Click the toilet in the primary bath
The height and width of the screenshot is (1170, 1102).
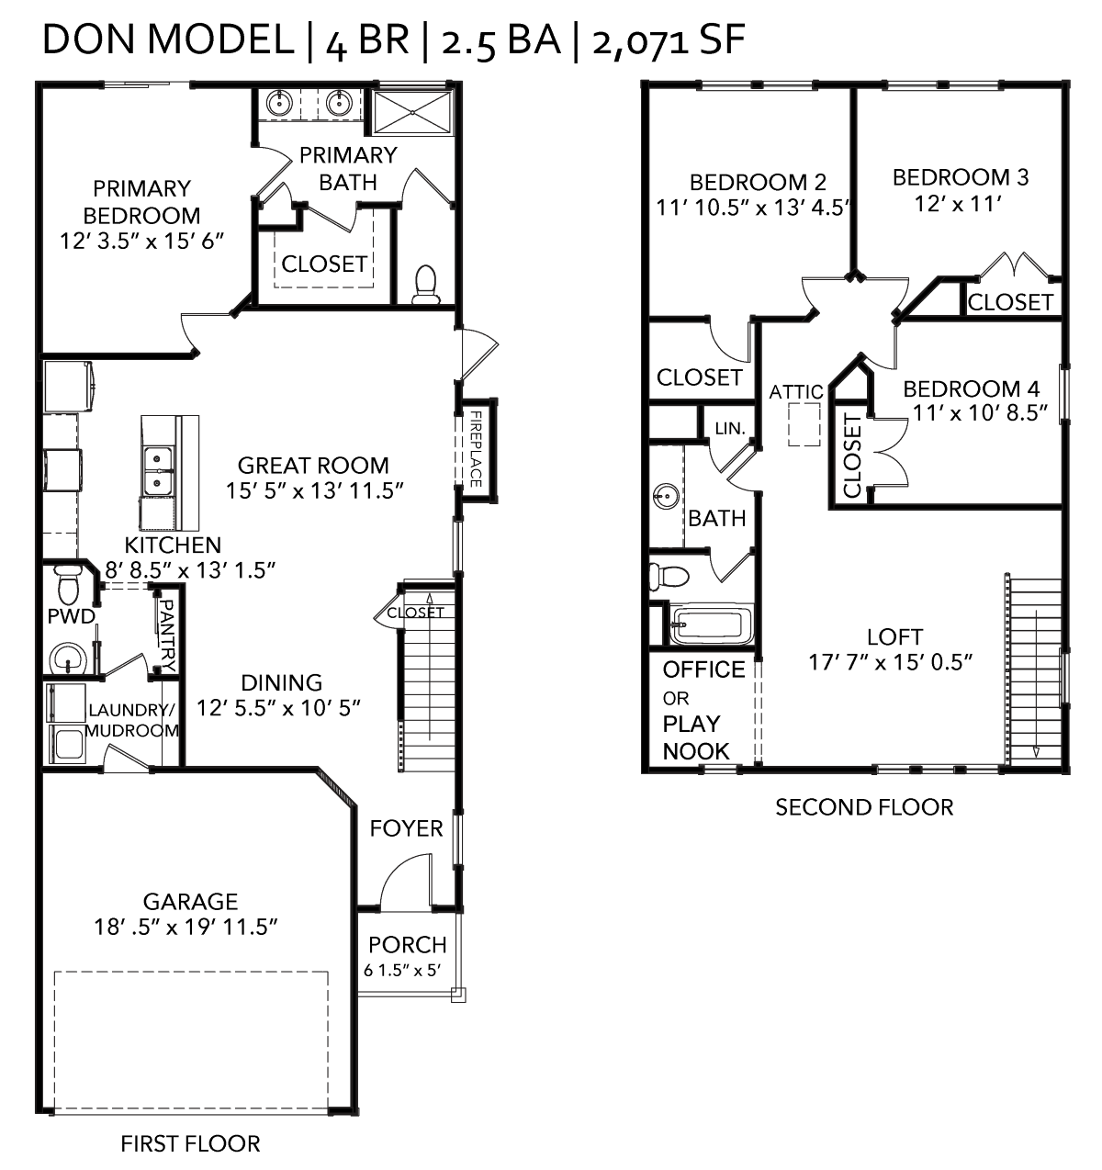424,285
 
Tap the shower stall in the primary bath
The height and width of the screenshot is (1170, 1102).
413,111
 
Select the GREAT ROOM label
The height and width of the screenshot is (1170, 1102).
313,466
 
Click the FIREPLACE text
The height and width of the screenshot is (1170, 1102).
477,449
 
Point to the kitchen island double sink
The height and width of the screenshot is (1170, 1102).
157,471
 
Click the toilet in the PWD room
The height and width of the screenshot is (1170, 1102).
68,585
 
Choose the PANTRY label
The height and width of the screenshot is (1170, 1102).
168,636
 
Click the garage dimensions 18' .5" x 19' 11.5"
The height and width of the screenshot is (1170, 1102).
186,927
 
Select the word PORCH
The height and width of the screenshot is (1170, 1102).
408,945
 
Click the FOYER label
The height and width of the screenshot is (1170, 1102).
406,828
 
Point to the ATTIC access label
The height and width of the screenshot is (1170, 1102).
796,392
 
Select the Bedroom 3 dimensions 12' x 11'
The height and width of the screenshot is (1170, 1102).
958,204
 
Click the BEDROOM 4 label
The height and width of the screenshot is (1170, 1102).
972,388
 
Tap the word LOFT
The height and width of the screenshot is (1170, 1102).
894,636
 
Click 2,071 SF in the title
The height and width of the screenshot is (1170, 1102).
669,40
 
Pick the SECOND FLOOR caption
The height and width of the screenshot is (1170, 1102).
864,807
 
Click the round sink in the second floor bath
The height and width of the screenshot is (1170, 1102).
666,496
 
